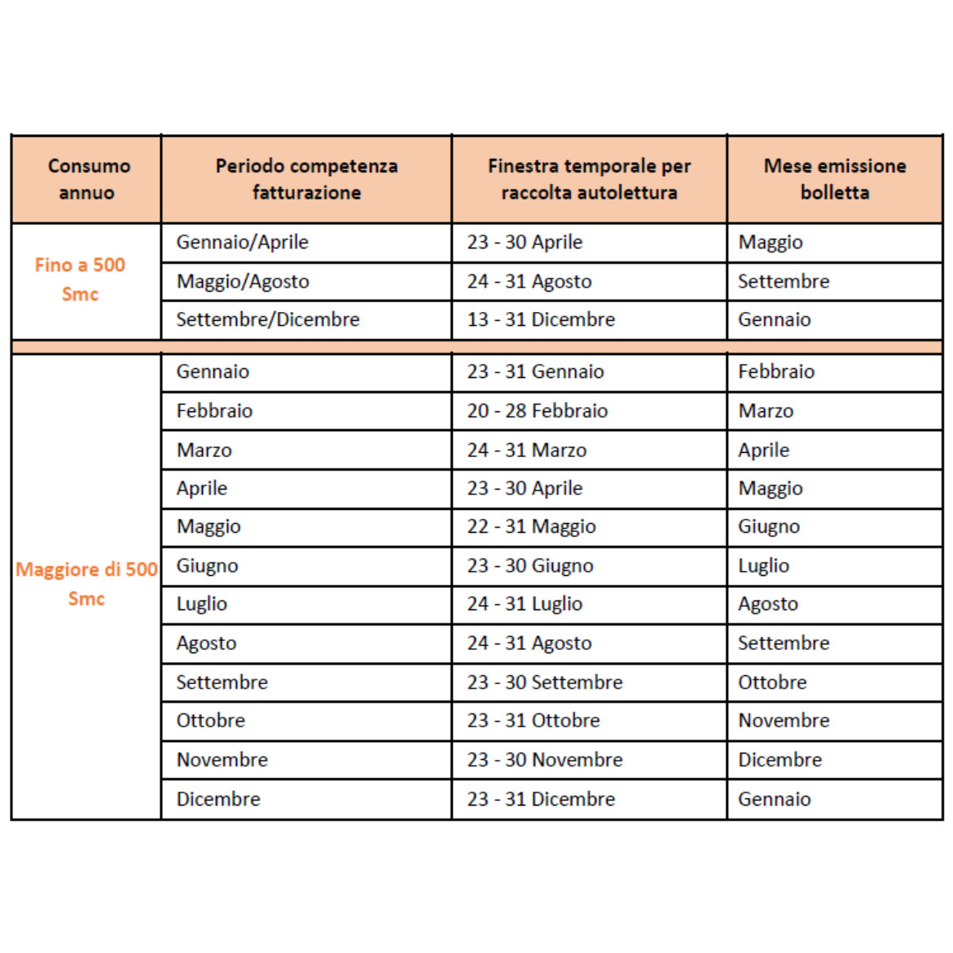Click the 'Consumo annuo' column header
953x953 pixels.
point(88,179)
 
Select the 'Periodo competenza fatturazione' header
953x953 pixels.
point(306,179)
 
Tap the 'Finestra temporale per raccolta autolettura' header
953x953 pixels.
point(589,179)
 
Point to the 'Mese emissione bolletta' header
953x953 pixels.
point(835,179)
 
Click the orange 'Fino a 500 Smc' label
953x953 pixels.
point(80,279)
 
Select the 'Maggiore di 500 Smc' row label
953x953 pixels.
point(86,583)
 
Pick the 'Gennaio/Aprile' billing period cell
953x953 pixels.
point(242,243)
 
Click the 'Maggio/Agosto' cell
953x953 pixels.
point(243,282)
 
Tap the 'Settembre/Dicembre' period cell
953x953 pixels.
point(268,320)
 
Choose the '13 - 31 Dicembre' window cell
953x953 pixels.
point(541,320)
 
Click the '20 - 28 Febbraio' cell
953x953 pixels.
point(538,411)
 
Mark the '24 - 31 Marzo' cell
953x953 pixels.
point(527,450)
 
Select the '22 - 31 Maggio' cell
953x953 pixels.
point(531,527)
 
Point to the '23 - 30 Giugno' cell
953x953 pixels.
point(530,566)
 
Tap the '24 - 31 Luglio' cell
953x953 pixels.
point(525,604)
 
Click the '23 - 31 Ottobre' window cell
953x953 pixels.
point(534,721)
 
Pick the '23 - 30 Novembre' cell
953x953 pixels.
point(545,760)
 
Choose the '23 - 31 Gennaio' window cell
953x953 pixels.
point(535,372)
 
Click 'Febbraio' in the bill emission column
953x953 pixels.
point(776,372)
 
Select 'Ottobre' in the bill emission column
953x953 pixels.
point(772,683)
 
